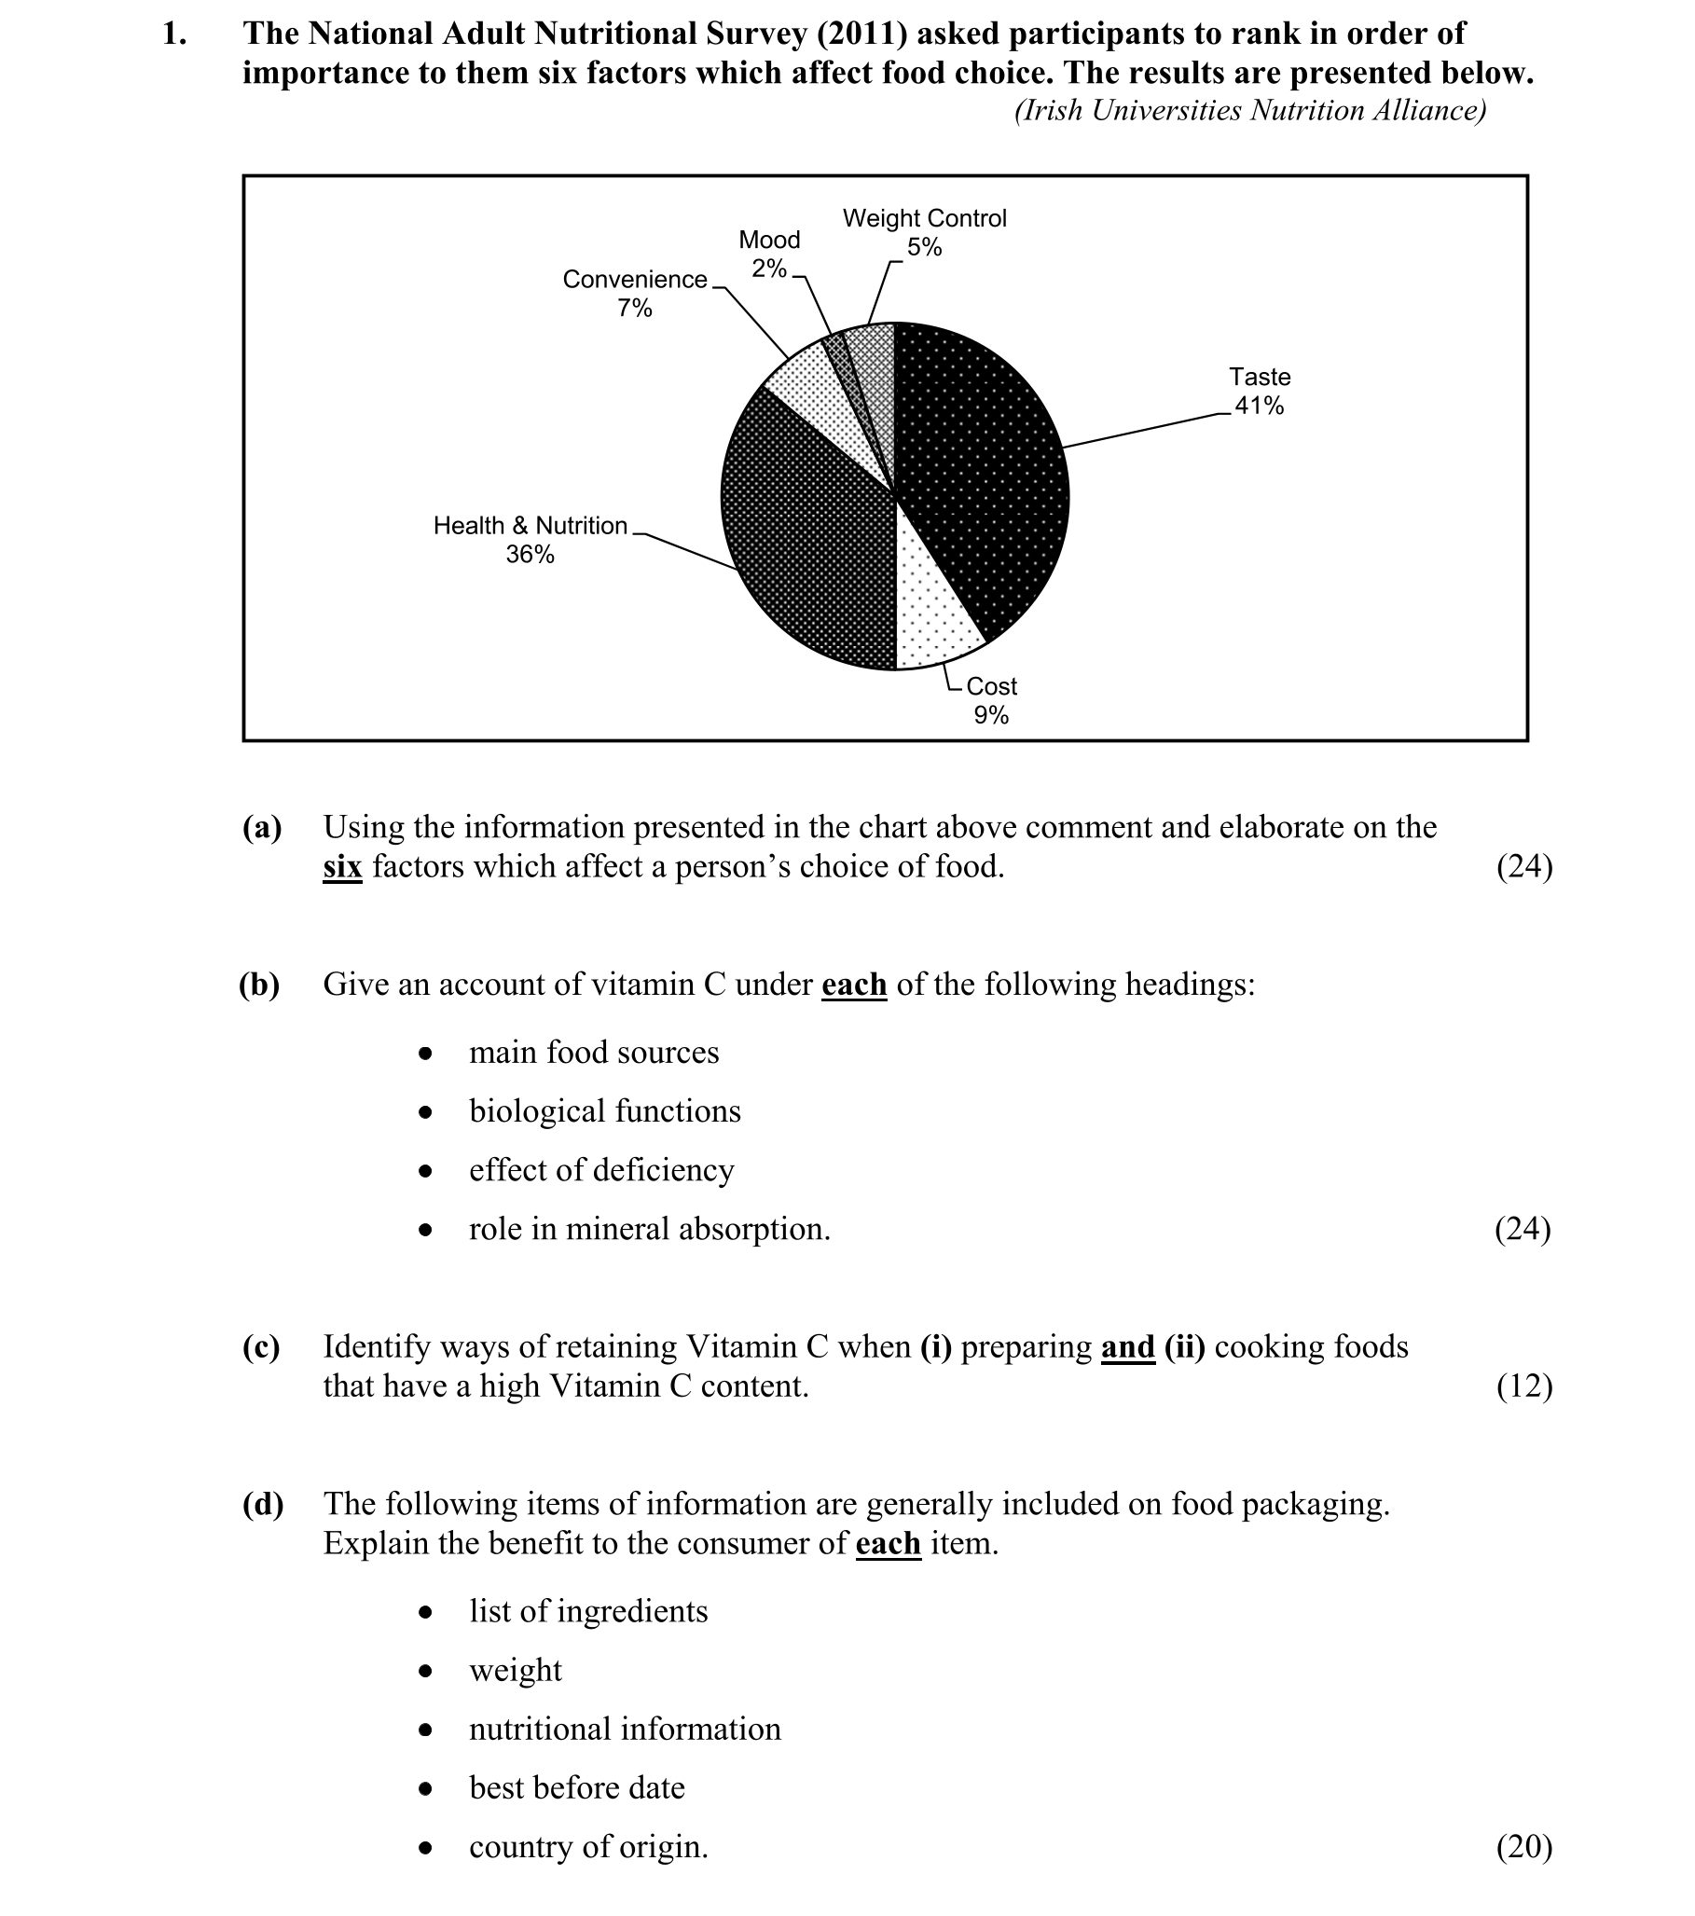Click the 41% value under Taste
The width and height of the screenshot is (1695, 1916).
(1258, 406)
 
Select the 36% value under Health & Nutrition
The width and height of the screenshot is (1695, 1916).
(530, 555)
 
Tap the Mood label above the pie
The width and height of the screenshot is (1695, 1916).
(769, 240)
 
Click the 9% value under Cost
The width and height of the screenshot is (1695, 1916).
(991, 715)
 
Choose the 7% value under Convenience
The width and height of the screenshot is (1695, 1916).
(635, 309)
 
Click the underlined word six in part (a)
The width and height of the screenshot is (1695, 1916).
(342, 866)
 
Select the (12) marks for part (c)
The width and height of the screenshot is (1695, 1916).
(1523, 1385)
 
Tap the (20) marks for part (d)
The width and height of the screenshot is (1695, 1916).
(1523, 1847)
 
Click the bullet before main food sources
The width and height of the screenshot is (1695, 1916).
(426, 1054)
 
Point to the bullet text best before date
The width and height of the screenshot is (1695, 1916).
(576, 1787)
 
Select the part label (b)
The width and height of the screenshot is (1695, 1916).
(260, 985)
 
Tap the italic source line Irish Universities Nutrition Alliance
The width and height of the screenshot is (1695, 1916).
(1249, 111)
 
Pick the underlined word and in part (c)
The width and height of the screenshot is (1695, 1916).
(1127, 1346)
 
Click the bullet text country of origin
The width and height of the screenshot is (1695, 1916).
(588, 1847)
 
